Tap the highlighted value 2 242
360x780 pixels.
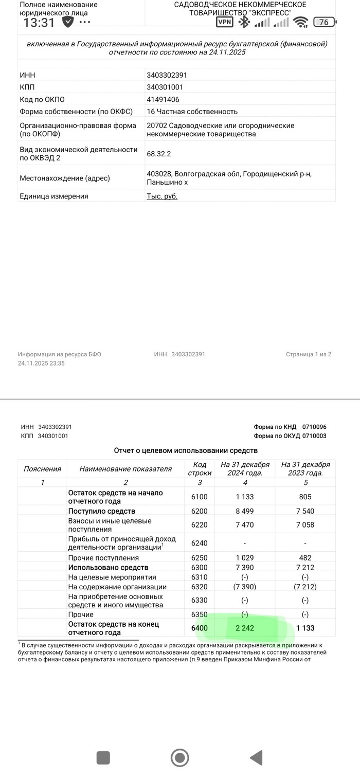click(244, 628)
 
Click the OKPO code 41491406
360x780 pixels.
click(163, 99)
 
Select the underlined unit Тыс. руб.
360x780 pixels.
click(162, 196)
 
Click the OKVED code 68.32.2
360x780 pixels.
click(158, 153)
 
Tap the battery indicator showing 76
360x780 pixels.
click(324, 22)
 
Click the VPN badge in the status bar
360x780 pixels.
click(224, 22)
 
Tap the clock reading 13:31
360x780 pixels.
click(39, 23)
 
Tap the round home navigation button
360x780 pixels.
click(179, 757)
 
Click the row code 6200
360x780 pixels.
click(199, 511)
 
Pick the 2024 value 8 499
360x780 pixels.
click(245, 511)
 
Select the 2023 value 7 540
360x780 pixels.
click(305, 511)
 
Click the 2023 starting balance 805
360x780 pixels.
click(305, 497)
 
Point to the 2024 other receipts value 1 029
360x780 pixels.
click(245, 558)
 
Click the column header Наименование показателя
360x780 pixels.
click(125, 468)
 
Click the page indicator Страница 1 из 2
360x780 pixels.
click(309, 354)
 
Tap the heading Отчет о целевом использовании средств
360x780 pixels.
click(186, 450)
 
